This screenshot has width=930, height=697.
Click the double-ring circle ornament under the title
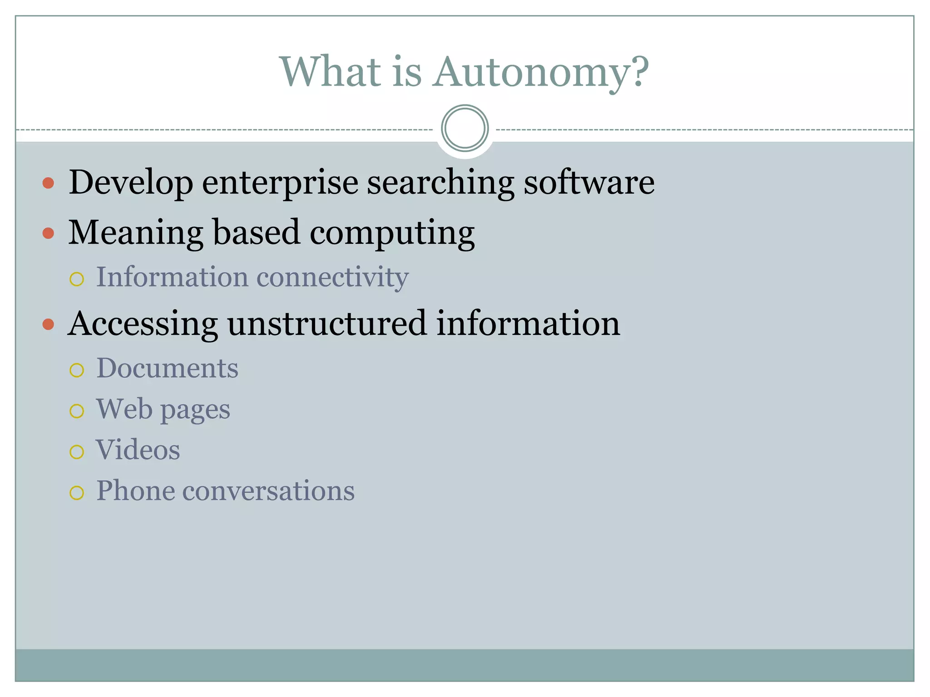click(x=465, y=128)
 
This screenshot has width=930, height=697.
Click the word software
click(x=589, y=182)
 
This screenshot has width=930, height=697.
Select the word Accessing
click(x=143, y=324)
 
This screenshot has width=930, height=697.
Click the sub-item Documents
click(x=167, y=368)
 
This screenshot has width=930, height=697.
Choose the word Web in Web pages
click(x=124, y=409)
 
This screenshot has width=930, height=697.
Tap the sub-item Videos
click(x=138, y=450)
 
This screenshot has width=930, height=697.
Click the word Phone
click(x=135, y=491)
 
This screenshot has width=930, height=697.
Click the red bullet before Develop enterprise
click(x=48, y=183)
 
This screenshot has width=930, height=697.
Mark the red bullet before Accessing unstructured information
click(x=48, y=324)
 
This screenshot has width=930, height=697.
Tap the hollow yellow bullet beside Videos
click(x=77, y=452)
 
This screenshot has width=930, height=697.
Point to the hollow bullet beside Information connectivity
click(x=77, y=279)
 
